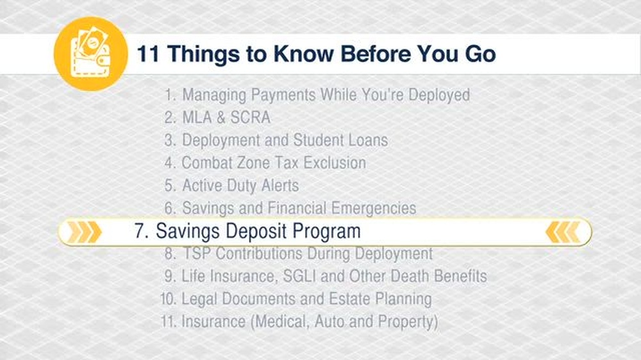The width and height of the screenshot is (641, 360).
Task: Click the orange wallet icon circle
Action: click(91, 54)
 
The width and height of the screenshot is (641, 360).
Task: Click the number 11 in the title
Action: click(148, 54)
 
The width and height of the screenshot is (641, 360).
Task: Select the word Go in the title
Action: click(480, 54)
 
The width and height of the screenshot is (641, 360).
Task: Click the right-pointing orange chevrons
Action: click(84, 232)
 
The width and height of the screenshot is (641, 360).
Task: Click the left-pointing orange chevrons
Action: click(563, 232)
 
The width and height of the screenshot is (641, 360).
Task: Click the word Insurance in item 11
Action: click(213, 322)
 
